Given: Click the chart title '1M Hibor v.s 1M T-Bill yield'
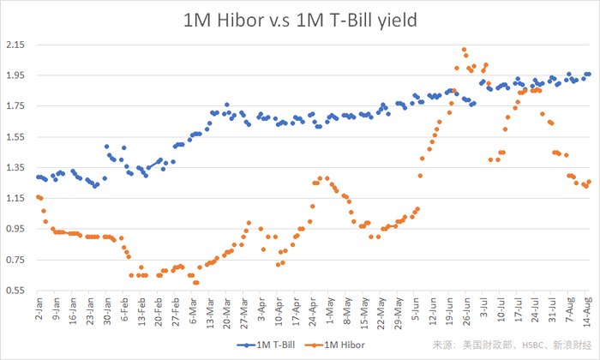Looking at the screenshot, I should click(300, 19).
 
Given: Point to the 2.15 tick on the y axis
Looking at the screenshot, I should click(15, 45).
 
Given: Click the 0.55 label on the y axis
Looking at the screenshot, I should click(15, 291).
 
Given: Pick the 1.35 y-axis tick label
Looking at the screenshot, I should click(15, 168).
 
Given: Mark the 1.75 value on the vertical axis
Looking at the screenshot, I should click(15, 106).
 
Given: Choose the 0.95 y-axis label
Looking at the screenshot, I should click(15, 230).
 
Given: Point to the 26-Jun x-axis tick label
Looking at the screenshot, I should click(467, 312).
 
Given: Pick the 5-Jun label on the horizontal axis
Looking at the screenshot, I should click(416, 311).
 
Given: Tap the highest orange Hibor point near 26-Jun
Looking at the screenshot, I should click(464, 50).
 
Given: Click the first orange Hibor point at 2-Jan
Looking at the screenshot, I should click(38, 196).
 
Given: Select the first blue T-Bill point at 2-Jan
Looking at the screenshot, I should click(38, 177).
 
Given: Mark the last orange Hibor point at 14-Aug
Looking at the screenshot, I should click(588, 182).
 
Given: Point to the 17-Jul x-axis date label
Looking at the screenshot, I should click(519, 312).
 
